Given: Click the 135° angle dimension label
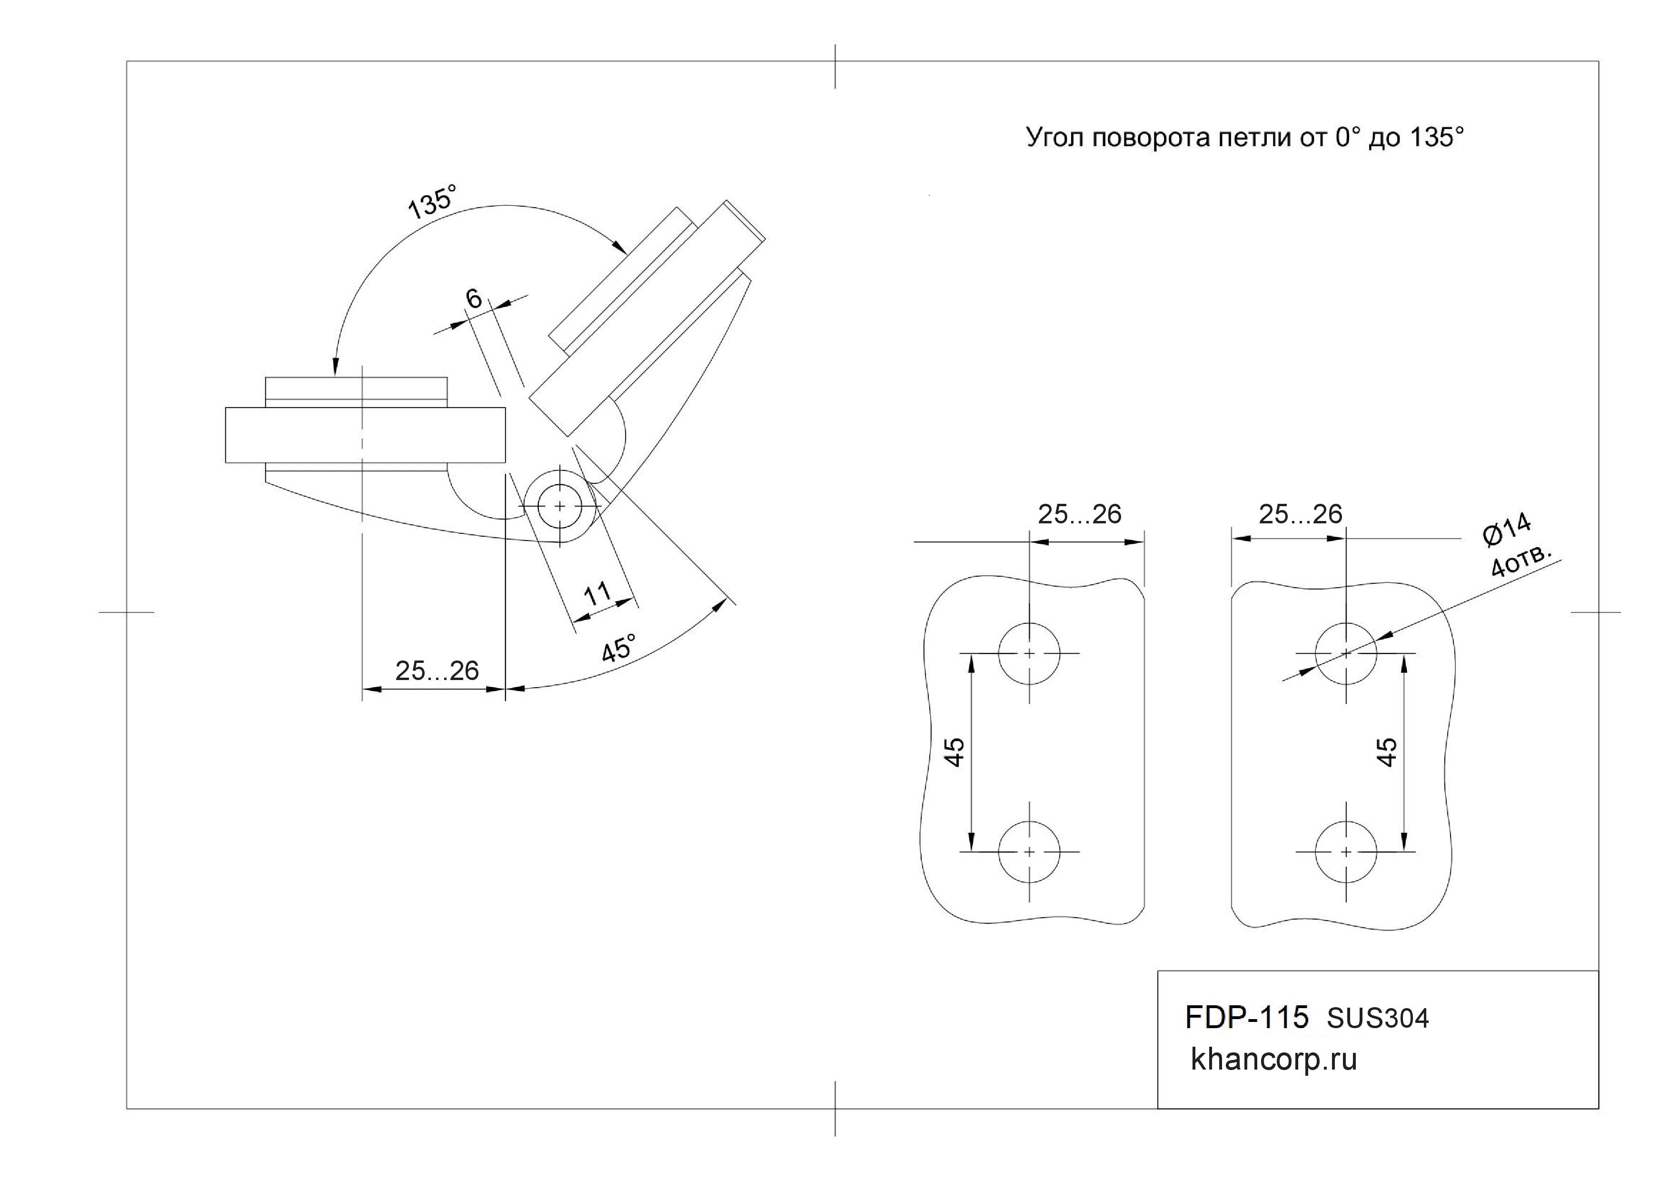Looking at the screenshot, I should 432,201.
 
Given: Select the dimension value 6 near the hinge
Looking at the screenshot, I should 474,298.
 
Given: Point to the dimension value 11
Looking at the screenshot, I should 598,594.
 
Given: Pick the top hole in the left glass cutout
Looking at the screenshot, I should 1029,653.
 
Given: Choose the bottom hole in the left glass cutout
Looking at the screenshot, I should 1029,851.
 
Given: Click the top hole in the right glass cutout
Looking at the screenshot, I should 1346,653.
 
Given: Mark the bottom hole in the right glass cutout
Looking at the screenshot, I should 1346,851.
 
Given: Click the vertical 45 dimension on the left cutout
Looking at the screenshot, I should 954,751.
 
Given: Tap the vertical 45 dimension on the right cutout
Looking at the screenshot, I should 1387,751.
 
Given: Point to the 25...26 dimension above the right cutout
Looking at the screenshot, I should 1301,514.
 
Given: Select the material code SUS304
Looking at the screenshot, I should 1378,1019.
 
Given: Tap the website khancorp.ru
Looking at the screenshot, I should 1273,1060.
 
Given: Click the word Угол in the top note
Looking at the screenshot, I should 1055,137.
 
